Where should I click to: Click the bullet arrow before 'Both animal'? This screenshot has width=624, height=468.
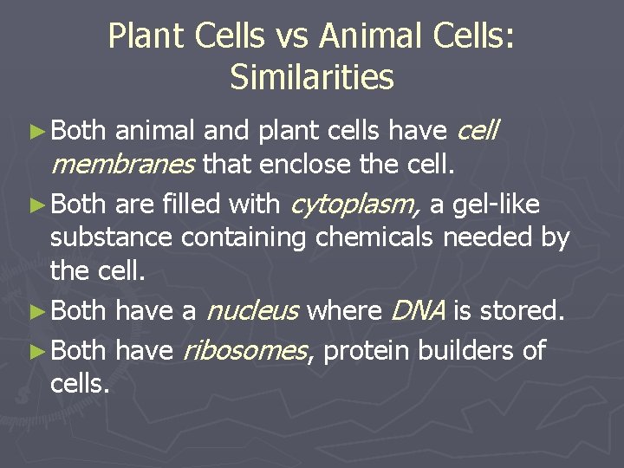[x=36, y=132]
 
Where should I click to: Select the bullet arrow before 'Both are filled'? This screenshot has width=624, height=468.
[x=36, y=205]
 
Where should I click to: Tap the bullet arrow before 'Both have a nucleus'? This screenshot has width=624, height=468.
[x=36, y=311]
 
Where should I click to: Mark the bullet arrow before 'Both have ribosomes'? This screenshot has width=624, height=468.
[x=36, y=351]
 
